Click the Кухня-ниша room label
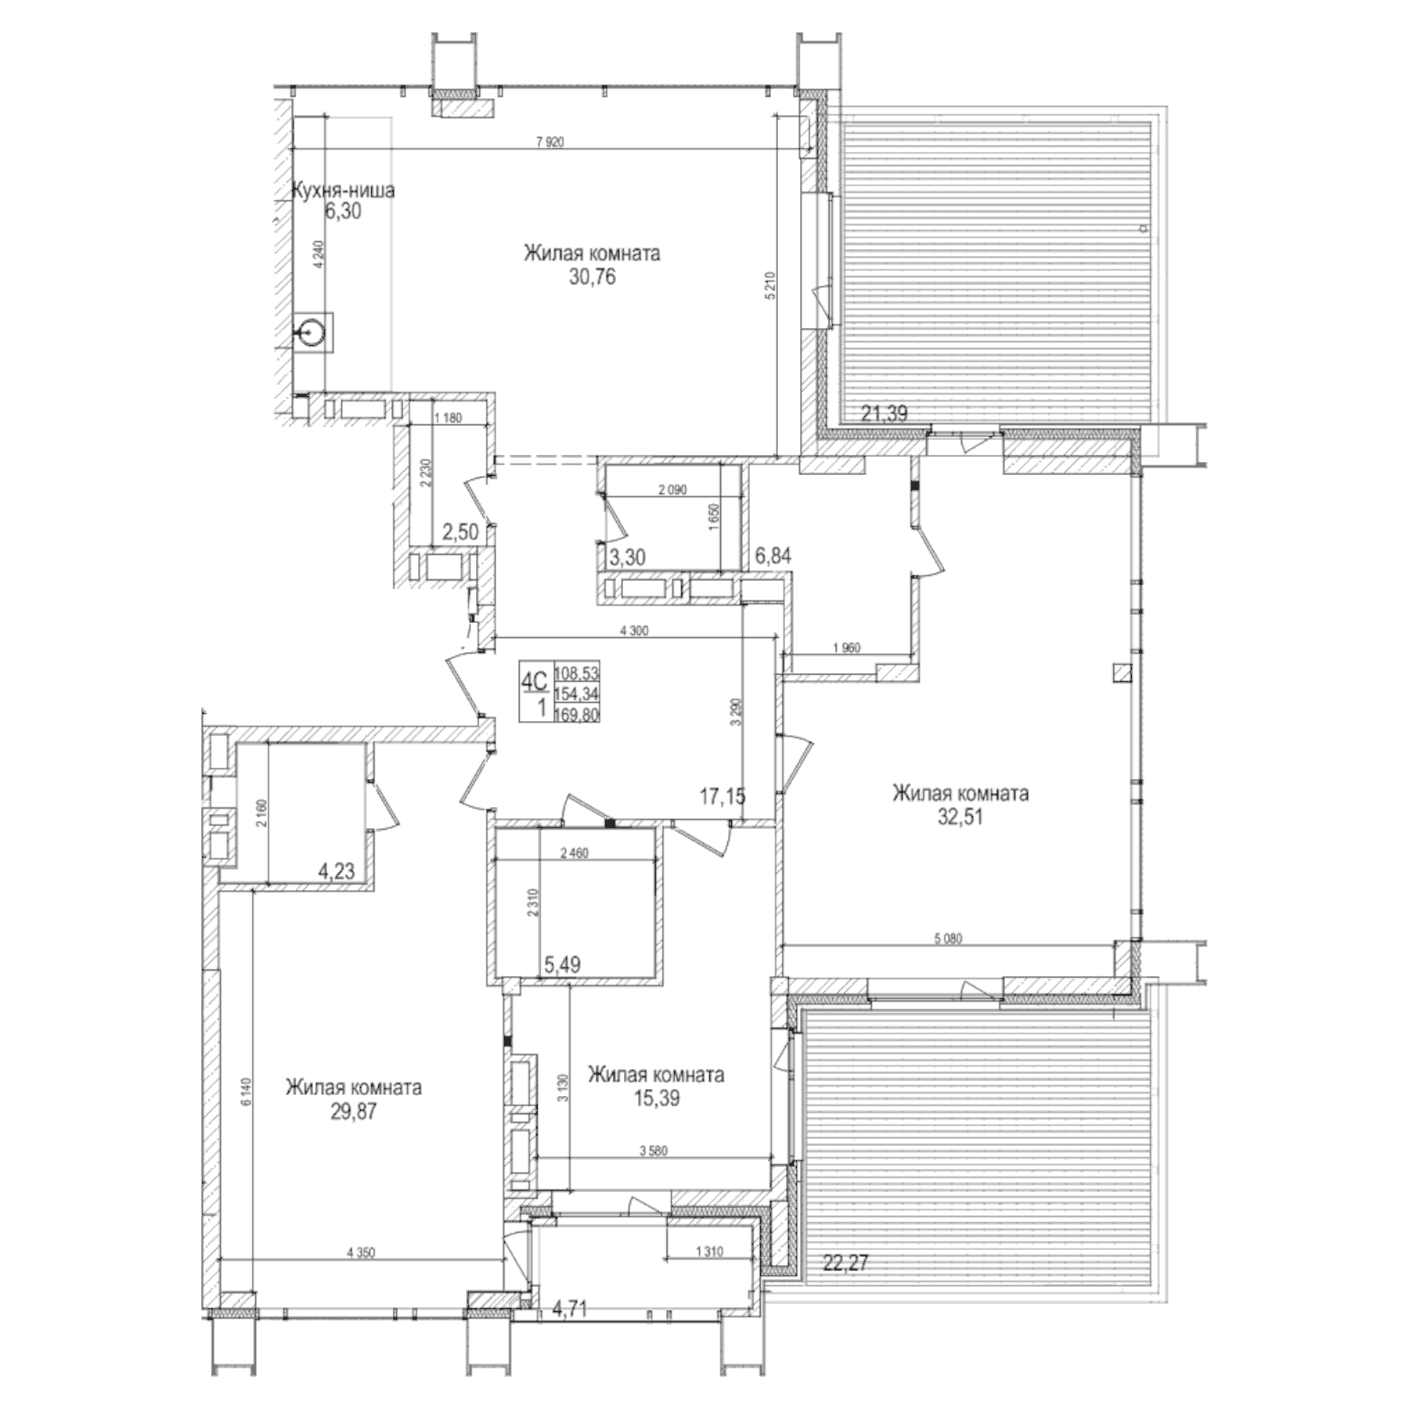coord(342,190)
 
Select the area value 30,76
coord(592,277)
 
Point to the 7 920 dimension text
coord(550,142)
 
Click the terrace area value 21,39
coord(884,413)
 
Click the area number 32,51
coord(960,817)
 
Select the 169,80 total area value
coord(577,713)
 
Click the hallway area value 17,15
coord(722,797)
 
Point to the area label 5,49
coord(562,965)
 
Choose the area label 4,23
coord(336,870)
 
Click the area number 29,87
coord(353,1112)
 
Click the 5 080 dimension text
coord(948,939)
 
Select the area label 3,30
coord(627,557)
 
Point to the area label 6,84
coord(773,556)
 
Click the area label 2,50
coord(459,532)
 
